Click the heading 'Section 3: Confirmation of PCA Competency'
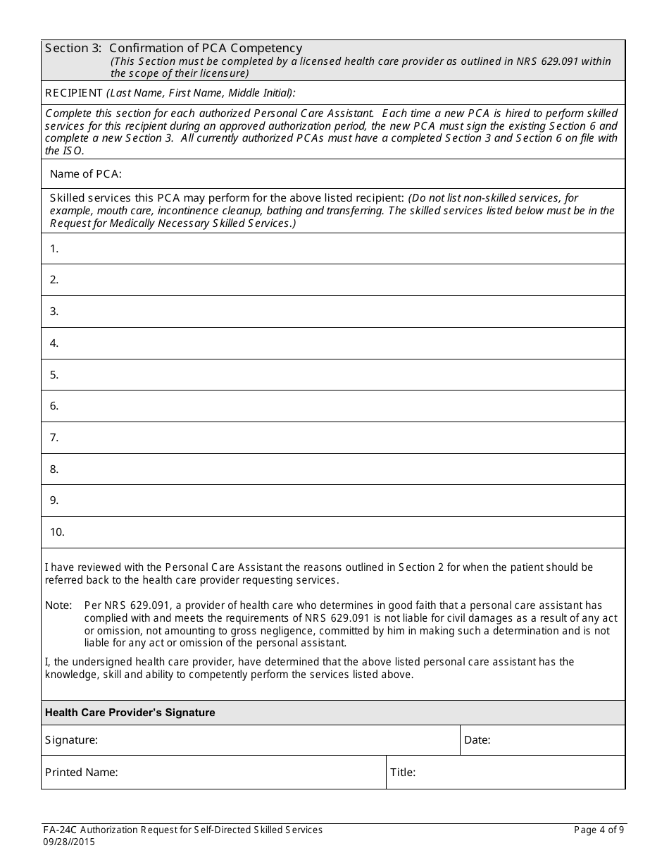point(173,48)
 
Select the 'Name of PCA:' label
point(85,174)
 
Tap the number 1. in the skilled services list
point(54,248)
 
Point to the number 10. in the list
point(57,532)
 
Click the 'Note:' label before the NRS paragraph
point(58,605)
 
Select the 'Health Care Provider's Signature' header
point(130,713)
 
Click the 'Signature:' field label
point(71,740)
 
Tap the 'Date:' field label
point(477,740)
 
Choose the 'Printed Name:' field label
point(81,773)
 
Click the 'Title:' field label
point(403,773)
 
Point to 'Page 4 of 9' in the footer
point(599,830)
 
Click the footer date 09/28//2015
point(70,842)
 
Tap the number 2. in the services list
point(54,280)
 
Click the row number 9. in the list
point(54,500)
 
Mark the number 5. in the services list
point(54,375)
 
